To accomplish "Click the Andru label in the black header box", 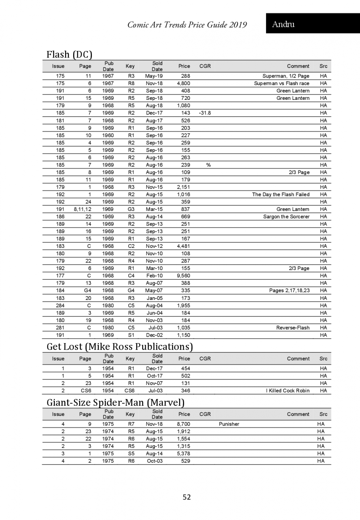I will click(283, 24).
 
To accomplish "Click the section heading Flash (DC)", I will click(69, 55).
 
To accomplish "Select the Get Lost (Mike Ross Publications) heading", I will click(119, 347).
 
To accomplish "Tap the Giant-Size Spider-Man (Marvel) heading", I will click(115, 402).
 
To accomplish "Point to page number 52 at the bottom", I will click(187, 497).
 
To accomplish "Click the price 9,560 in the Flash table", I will click(183, 276).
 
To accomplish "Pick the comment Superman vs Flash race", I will click(281, 83).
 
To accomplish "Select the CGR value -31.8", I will click(205, 113).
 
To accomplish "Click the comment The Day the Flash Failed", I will click(280, 194).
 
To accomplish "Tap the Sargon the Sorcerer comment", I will click(286, 217).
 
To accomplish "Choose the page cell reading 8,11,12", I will click(82, 209).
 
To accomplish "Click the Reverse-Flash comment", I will click(292, 328).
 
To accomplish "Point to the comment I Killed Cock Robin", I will click(287, 390).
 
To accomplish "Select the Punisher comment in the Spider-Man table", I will click(229, 424).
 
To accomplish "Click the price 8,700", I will click(183, 424).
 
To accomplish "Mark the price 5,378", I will click(183, 453).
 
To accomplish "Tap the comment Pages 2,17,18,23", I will click(289, 290).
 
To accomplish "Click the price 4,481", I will click(183, 246).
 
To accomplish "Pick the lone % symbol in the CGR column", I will click(208, 165).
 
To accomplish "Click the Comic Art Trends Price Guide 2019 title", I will click(187, 25).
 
